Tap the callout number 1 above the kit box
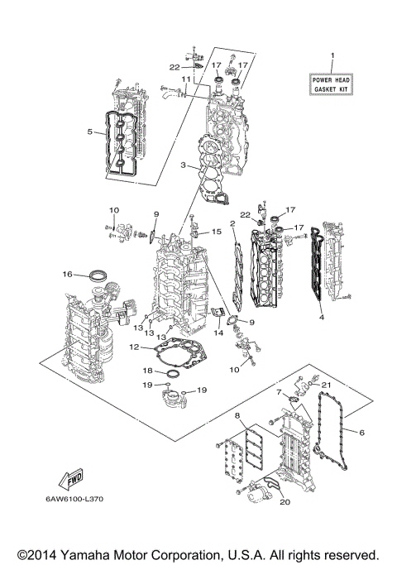332,56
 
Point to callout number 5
89,131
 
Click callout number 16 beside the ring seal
67,274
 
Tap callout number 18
147,371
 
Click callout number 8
237,414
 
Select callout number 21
325,385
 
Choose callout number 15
217,232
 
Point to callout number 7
280,390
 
